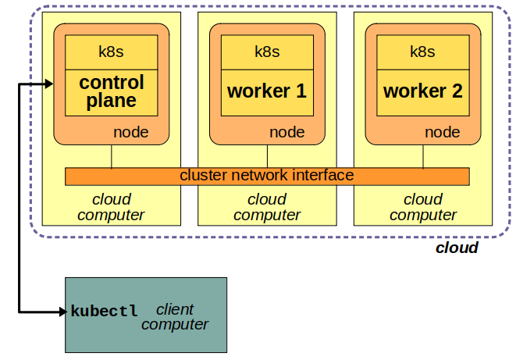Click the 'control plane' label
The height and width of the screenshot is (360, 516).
[x=111, y=91]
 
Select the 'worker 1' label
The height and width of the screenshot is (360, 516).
[x=267, y=91]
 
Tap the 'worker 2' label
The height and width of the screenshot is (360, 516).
[x=423, y=91]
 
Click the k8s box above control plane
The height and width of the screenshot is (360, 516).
[x=111, y=52]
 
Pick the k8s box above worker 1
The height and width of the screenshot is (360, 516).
[x=267, y=52]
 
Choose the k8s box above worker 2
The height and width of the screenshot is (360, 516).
[x=423, y=52]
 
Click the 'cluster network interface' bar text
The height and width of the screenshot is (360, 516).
[x=267, y=176]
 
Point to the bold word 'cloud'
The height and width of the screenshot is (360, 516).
[x=457, y=248]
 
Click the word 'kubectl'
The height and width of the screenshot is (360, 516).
[x=104, y=311]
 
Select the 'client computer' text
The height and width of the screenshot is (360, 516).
[x=175, y=316]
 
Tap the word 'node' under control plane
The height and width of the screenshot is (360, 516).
[x=131, y=132]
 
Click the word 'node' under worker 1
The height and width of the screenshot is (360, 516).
[x=287, y=132]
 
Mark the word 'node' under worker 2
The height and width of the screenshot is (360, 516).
[x=443, y=132]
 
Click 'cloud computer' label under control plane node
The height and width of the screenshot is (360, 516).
[x=111, y=207]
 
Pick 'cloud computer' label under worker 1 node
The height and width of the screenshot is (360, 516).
[x=267, y=207]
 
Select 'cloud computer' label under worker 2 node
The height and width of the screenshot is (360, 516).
[x=423, y=207]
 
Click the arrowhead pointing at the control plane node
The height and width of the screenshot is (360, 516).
[x=48, y=84]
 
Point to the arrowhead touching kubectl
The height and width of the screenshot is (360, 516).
[x=63, y=312]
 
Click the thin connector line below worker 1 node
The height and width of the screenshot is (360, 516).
[x=268, y=156]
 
